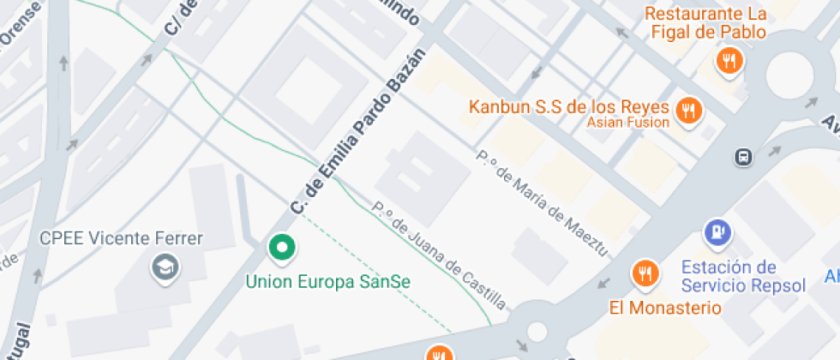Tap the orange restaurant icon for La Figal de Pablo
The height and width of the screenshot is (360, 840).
[x=729, y=60]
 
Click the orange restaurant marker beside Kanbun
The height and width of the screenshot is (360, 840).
[x=688, y=110]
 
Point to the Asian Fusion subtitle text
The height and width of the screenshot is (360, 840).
[x=627, y=123]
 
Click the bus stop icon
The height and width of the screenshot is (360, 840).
[x=742, y=157]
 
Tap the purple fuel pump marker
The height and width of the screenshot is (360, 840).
[x=717, y=231]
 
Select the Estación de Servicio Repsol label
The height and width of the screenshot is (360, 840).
[x=743, y=276]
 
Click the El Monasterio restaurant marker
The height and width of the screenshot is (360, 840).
[x=645, y=273]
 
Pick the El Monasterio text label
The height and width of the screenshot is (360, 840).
[x=665, y=307]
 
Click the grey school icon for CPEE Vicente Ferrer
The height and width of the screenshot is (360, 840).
[x=161, y=267]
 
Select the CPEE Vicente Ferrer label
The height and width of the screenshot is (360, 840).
[x=122, y=238]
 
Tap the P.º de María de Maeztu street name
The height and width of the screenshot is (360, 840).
[x=542, y=204]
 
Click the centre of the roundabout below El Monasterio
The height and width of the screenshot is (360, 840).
[x=537, y=331]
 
